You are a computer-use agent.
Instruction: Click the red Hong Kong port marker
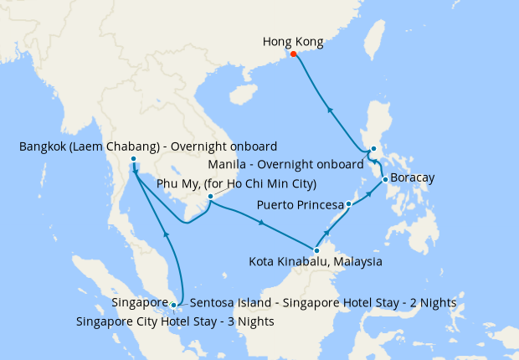point(293,55)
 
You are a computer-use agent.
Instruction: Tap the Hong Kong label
point(292,41)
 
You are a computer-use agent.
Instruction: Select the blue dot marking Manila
point(373,151)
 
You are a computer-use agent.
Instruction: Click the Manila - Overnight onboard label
point(285,164)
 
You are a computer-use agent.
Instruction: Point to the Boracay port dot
point(384,179)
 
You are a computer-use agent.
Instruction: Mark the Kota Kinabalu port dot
point(316,249)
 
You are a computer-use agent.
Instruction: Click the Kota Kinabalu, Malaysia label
point(316,262)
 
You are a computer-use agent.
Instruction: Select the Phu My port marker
point(210,197)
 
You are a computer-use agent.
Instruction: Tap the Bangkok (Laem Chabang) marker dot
point(133,160)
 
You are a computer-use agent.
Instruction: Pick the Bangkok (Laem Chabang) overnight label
point(147,147)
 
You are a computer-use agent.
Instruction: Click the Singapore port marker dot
point(173,305)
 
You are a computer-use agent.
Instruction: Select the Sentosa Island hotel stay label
point(323,302)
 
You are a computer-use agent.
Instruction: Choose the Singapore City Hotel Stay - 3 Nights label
point(174,321)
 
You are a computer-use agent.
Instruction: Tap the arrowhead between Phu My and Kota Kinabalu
point(263,223)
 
